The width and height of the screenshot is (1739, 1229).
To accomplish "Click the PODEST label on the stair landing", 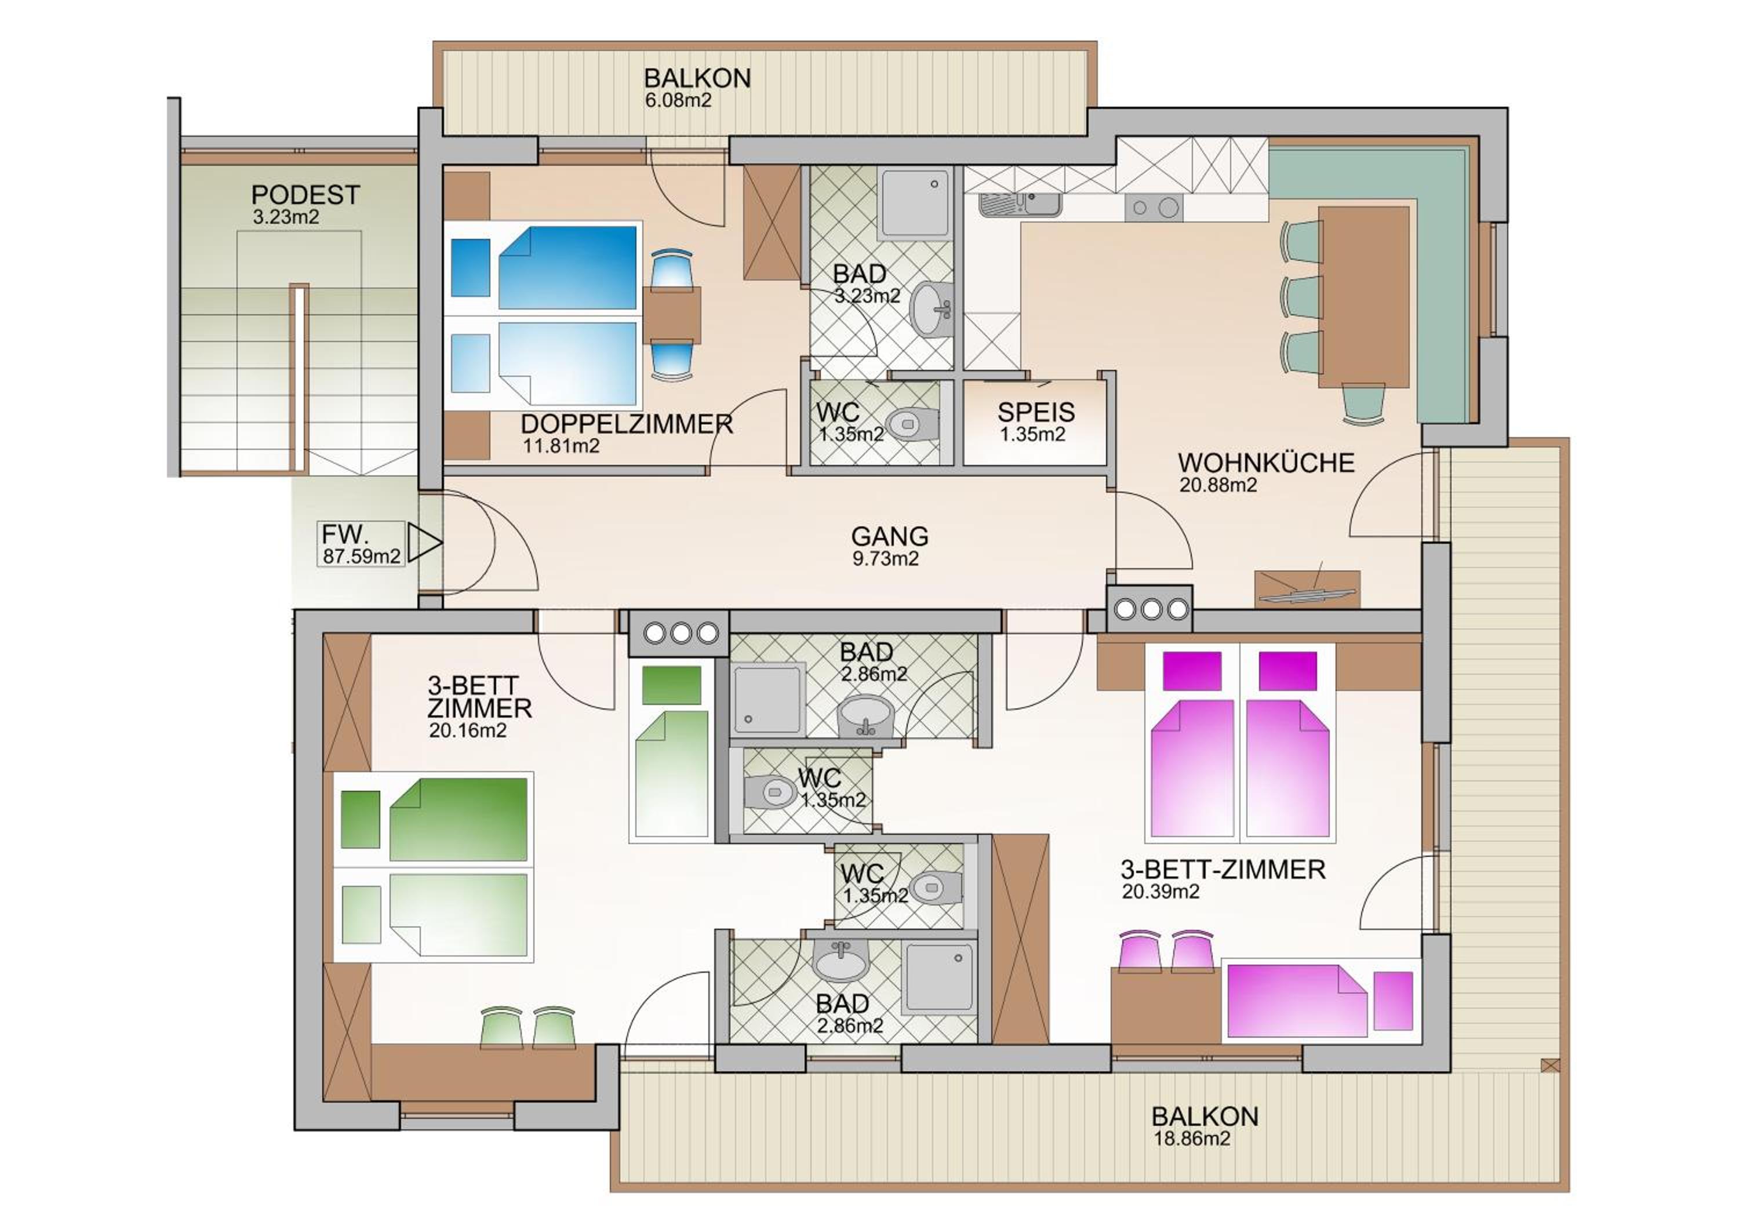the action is (305, 195).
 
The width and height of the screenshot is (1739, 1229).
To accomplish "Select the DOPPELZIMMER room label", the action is (627, 423).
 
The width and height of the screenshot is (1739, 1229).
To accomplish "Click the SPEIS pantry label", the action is (1035, 412).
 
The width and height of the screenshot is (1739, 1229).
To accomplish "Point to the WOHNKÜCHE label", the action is (1265, 462).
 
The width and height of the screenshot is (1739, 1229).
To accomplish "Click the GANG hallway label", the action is (889, 536).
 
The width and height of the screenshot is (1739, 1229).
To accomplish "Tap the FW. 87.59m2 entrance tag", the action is (361, 544).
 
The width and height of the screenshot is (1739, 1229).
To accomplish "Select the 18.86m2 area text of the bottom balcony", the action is (1191, 1138).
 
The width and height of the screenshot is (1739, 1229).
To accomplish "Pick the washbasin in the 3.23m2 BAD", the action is (932, 308).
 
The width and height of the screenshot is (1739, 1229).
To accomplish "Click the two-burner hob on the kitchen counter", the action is (1154, 207).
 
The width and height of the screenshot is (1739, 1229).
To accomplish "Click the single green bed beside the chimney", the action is (671, 750).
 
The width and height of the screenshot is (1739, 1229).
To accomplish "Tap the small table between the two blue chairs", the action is (672, 314).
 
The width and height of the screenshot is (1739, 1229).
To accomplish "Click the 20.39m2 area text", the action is (1160, 891).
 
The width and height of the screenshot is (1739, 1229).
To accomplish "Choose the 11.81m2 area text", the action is (561, 446).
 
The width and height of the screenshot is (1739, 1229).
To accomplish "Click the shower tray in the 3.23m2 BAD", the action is (914, 203).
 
